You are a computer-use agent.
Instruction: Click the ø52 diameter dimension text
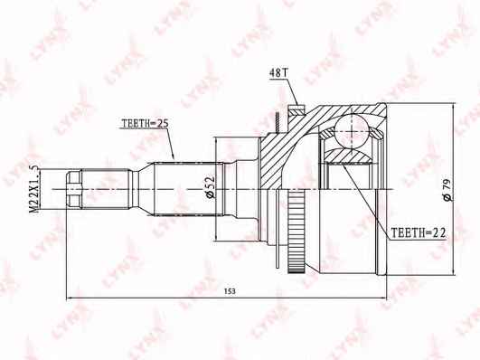point(210,185)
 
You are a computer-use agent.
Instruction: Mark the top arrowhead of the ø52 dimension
point(217,139)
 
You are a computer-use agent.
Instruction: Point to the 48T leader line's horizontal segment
point(280,81)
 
